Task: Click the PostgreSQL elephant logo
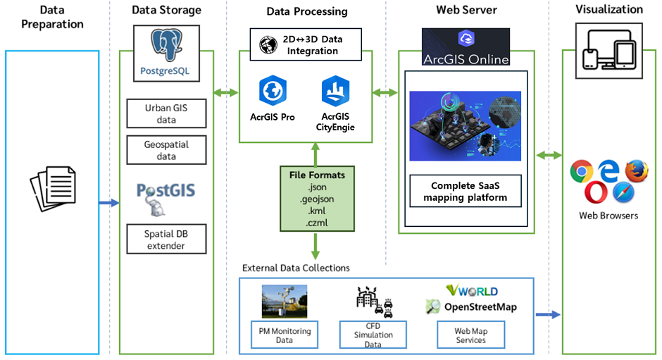coord(167,45)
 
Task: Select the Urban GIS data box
coord(166,113)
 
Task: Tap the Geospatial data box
coord(166,150)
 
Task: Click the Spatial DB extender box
coord(166,239)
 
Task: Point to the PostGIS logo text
coord(165,190)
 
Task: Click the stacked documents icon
coord(54,188)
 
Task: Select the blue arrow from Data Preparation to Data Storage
coord(109,203)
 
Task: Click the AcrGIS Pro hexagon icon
coord(273,90)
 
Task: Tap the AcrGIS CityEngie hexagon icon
coord(335,90)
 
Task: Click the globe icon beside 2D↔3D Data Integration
coord(268,45)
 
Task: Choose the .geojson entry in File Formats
coord(317,199)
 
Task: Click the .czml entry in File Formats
coord(317,223)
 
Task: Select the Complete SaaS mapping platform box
coord(466,191)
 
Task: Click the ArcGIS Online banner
coord(466,47)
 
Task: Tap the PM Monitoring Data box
coord(285,335)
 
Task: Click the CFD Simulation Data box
coord(373,335)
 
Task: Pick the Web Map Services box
coord(470,335)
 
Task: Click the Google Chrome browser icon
coord(581,171)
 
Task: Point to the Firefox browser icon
coord(637,170)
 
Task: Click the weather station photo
coord(284,302)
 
